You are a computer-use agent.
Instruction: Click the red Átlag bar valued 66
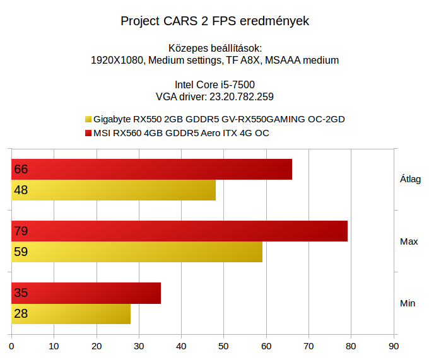151,169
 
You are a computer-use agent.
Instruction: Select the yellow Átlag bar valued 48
114,190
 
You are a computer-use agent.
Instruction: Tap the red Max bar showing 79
179,231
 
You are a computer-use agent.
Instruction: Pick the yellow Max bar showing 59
137,252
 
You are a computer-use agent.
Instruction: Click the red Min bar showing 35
86,293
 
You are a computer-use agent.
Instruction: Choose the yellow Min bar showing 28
71,313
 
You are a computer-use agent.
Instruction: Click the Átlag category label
410,179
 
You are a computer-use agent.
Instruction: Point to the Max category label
409,241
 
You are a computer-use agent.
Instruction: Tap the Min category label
408,303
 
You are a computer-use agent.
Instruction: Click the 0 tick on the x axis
11,345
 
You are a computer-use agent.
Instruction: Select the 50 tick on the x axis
224,345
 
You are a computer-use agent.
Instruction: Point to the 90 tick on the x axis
394,345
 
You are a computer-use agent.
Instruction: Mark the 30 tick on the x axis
139,345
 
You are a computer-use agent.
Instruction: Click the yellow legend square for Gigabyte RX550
88,119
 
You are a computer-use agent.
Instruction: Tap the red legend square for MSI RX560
88,134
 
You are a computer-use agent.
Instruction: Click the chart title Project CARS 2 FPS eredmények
214,21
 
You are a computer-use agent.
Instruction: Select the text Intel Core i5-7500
214,84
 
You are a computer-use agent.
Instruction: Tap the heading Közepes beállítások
214,48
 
